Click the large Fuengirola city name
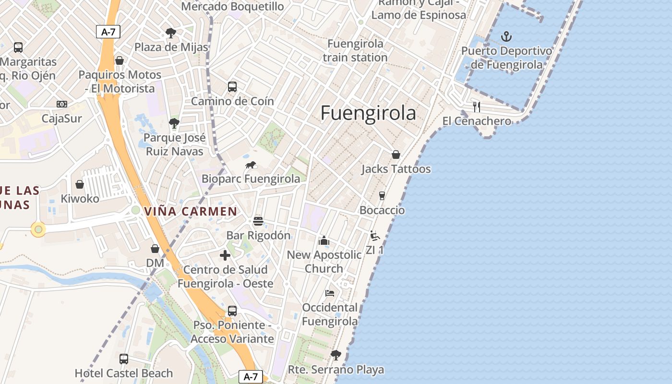pyautogui.click(x=368, y=113)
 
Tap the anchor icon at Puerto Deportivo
pyautogui.click(x=506, y=36)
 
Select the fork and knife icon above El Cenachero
pyautogui.click(x=476, y=107)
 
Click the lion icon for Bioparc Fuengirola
pyautogui.click(x=251, y=165)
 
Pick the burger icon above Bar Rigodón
pyautogui.click(x=258, y=221)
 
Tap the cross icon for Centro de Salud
pyautogui.click(x=225, y=255)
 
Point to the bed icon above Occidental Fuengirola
pyautogui.click(x=329, y=293)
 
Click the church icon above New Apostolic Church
pyautogui.click(x=324, y=240)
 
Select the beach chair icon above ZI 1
pyautogui.click(x=375, y=236)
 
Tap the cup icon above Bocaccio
pyautogui.click(x=382, y=196)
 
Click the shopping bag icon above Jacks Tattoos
pyautogui.click(x=396, y=155)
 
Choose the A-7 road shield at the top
pyautogui.click(x=108, y=32)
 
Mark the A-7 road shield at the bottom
pyautogui.click(x=251, y=377)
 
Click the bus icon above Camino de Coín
pyautogui.click(x=232, y=87)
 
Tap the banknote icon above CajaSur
pyautogui.click(x=62, y=104)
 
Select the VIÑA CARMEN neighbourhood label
pyautogui.click(x=191, y=211)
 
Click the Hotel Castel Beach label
pyautogui.click(x=123, y=373)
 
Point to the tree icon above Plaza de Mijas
pyautogui.click(x=170, y=33)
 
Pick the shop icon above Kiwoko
pyautogui.click(x=80, y=184)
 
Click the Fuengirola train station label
pyautogui.click(x=355, y=50)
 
